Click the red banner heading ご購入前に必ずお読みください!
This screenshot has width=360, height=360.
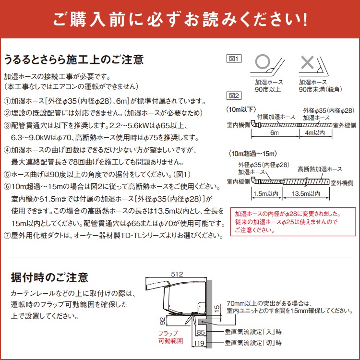tap(180, 20)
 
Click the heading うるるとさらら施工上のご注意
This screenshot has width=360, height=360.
tap(73, 60)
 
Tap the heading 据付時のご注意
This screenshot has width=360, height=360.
tap(49, 277)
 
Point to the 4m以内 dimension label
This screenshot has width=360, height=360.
tap(315, 132)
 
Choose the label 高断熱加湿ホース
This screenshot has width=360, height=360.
tap(320, 169)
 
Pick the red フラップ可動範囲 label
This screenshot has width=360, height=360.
tap(168, 337)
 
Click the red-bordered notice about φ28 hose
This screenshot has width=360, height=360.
tap(293, 221)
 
